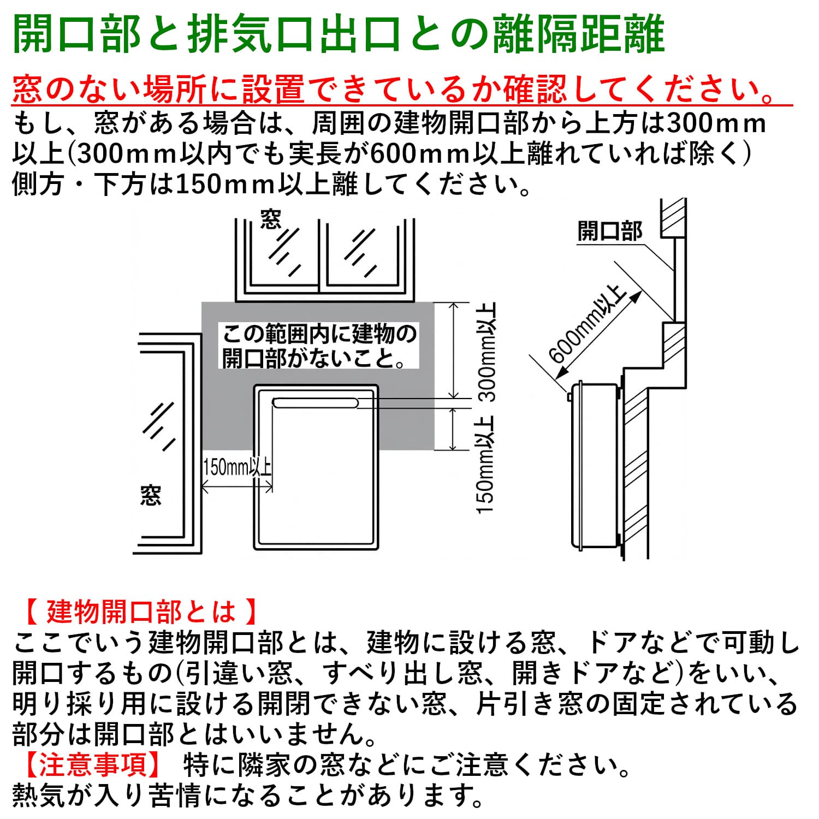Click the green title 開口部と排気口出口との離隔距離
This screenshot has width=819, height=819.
click(x=339, y=34)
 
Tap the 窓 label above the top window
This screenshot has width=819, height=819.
click(x=271, y=219)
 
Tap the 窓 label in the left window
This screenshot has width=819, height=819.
click(x=151, y=495)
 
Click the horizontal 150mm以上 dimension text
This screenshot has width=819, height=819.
click(x=237, y=467)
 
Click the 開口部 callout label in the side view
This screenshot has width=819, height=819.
click(x=610, y=231)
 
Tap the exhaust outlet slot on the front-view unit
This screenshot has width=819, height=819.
click(x=315, y=403)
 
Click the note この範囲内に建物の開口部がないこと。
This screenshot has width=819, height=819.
click(x=319, y=346)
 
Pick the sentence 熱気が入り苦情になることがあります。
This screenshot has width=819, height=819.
click(x=248, y=796)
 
